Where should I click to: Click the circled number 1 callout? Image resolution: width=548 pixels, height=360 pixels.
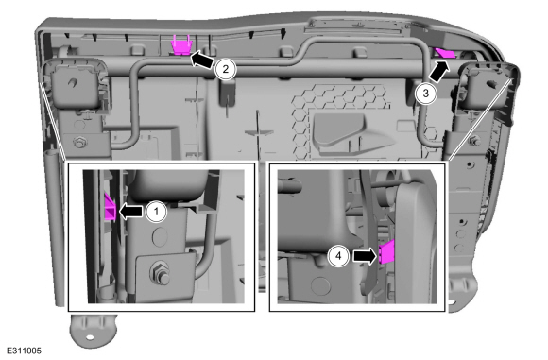coord(156,212)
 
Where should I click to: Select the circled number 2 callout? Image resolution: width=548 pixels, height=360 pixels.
coord(226,69)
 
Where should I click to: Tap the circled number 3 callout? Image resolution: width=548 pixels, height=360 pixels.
coord(426,94)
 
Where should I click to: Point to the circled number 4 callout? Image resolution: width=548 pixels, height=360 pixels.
coord(338,256)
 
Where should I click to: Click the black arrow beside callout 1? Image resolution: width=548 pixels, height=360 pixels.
coord(131,212)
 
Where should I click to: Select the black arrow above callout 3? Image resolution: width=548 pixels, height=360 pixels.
coord(438,72)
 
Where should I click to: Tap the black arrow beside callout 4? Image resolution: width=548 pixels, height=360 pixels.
coord(366,256)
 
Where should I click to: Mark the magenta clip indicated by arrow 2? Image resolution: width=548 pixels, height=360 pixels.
coord(180,45)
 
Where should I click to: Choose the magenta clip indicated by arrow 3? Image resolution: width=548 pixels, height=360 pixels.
coord(445,53)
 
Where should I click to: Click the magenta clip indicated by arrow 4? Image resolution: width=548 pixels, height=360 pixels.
coord(386,252)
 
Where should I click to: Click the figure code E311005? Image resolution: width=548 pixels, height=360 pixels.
coord(25,351)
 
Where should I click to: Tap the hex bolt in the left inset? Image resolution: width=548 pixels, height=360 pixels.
coord(160,271)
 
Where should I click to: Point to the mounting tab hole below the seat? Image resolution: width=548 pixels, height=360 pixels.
coord(90,337)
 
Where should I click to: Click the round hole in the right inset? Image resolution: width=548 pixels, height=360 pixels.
coord(320,284)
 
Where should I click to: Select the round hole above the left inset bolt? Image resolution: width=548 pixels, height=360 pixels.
coord(160,236)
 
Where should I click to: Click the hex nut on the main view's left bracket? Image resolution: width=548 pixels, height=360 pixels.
coord(79,143)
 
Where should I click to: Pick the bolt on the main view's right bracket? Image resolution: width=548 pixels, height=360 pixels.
coord(473,141)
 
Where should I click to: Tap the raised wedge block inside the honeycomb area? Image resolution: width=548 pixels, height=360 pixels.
coord(353,133)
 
